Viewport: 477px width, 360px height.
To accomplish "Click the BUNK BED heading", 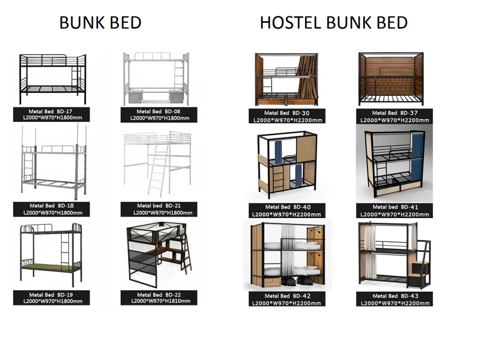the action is (100, 23).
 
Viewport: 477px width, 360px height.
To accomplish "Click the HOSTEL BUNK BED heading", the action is (334, 23).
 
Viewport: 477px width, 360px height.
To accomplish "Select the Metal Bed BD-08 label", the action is (158, 114).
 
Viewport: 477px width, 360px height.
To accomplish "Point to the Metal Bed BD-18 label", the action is (52, 209).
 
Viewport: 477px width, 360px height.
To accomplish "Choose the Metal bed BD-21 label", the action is (158, 209).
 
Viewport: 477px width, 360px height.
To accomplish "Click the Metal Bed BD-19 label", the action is (52, 298).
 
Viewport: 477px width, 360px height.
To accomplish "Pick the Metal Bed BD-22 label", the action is (158, 298).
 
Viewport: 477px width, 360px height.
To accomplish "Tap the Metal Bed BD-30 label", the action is (287, 116).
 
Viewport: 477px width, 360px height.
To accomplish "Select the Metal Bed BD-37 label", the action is (394, 116).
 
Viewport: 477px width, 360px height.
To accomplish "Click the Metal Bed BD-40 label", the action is (287, 210).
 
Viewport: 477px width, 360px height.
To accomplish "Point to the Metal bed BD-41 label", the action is (394, 210).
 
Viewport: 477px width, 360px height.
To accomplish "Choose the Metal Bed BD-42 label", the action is (287, 299).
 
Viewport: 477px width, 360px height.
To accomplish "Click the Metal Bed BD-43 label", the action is (394, 299).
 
